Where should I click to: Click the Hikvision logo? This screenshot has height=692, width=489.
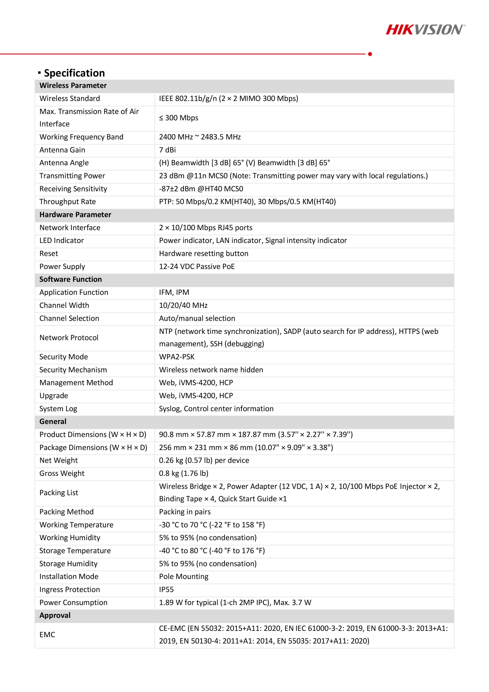[425, 30]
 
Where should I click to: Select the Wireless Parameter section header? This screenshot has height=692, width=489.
[73, 86]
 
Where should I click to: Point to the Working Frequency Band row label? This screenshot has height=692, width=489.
[81, 137]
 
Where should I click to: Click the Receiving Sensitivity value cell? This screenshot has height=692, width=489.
[201, 189]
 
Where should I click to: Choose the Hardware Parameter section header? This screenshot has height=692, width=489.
[75, 215]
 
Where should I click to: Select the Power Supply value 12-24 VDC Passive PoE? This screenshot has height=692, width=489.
[197, 266]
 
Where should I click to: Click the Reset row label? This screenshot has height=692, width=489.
[49, 253]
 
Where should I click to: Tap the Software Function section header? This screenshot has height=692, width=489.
[71, 279]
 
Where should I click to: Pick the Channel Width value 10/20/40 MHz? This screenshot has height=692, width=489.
[183, 305]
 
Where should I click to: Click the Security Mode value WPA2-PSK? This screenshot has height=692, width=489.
[177, 357]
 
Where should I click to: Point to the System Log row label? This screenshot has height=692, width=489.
[58, 409]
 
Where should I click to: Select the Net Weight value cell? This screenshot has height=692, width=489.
[204, 460]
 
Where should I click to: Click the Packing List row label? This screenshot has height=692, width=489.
[59, 493]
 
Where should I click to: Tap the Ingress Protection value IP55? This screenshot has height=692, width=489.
[166, 589]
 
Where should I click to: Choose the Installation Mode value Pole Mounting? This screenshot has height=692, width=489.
[183, 577]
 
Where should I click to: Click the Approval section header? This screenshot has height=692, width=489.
[55, 615]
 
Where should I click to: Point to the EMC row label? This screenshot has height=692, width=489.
[47, 635]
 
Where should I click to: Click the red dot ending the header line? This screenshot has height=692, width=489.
[370, 54]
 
